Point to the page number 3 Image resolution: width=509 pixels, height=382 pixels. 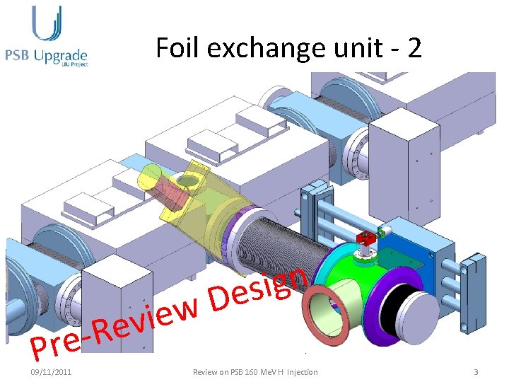click(x=476, y=372)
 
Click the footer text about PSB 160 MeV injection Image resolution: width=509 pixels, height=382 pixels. click(x=256, y=372)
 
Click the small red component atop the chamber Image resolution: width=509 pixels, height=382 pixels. click(x=366, y=237)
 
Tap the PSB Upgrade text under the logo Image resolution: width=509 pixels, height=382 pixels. click(x=46, y=54)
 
